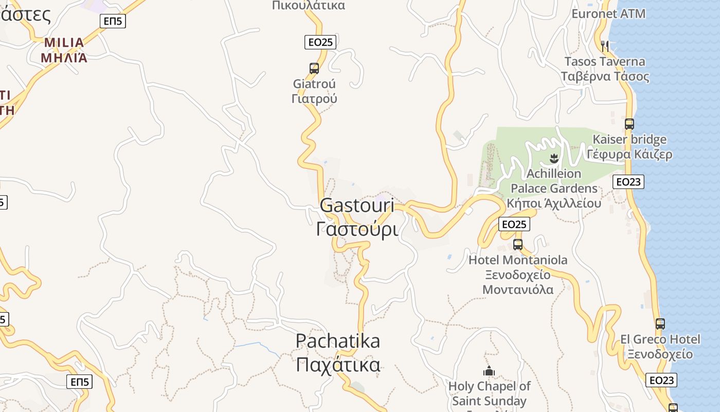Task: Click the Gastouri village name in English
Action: tap(357, 205)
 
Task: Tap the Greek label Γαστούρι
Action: tap(357, 229)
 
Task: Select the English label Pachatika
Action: tap(338, 341)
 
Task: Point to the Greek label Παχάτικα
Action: tap(338, 365)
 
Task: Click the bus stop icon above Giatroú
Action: tap(314, 68)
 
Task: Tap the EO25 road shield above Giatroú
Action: tap(320, 42)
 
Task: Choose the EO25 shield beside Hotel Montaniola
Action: tap(514, 224)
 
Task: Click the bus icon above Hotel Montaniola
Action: tap(518, 244)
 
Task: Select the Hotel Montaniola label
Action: tap(518, 260)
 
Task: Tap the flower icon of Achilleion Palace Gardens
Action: tap(554, 158)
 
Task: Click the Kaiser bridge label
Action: tap(629, 140)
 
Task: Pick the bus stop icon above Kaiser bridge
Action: tap(629, 124)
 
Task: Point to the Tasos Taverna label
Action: tap(604, 62)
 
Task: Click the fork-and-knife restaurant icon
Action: tap(605, 46)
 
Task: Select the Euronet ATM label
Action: tap(608, 13)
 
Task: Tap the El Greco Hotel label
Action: tap(660, 339)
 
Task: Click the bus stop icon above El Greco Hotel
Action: tap(660, 324)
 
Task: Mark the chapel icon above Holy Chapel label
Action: tap(489, 371)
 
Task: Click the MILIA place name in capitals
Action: tap(64, 42)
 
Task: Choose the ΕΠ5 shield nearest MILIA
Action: tap(113, 21)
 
